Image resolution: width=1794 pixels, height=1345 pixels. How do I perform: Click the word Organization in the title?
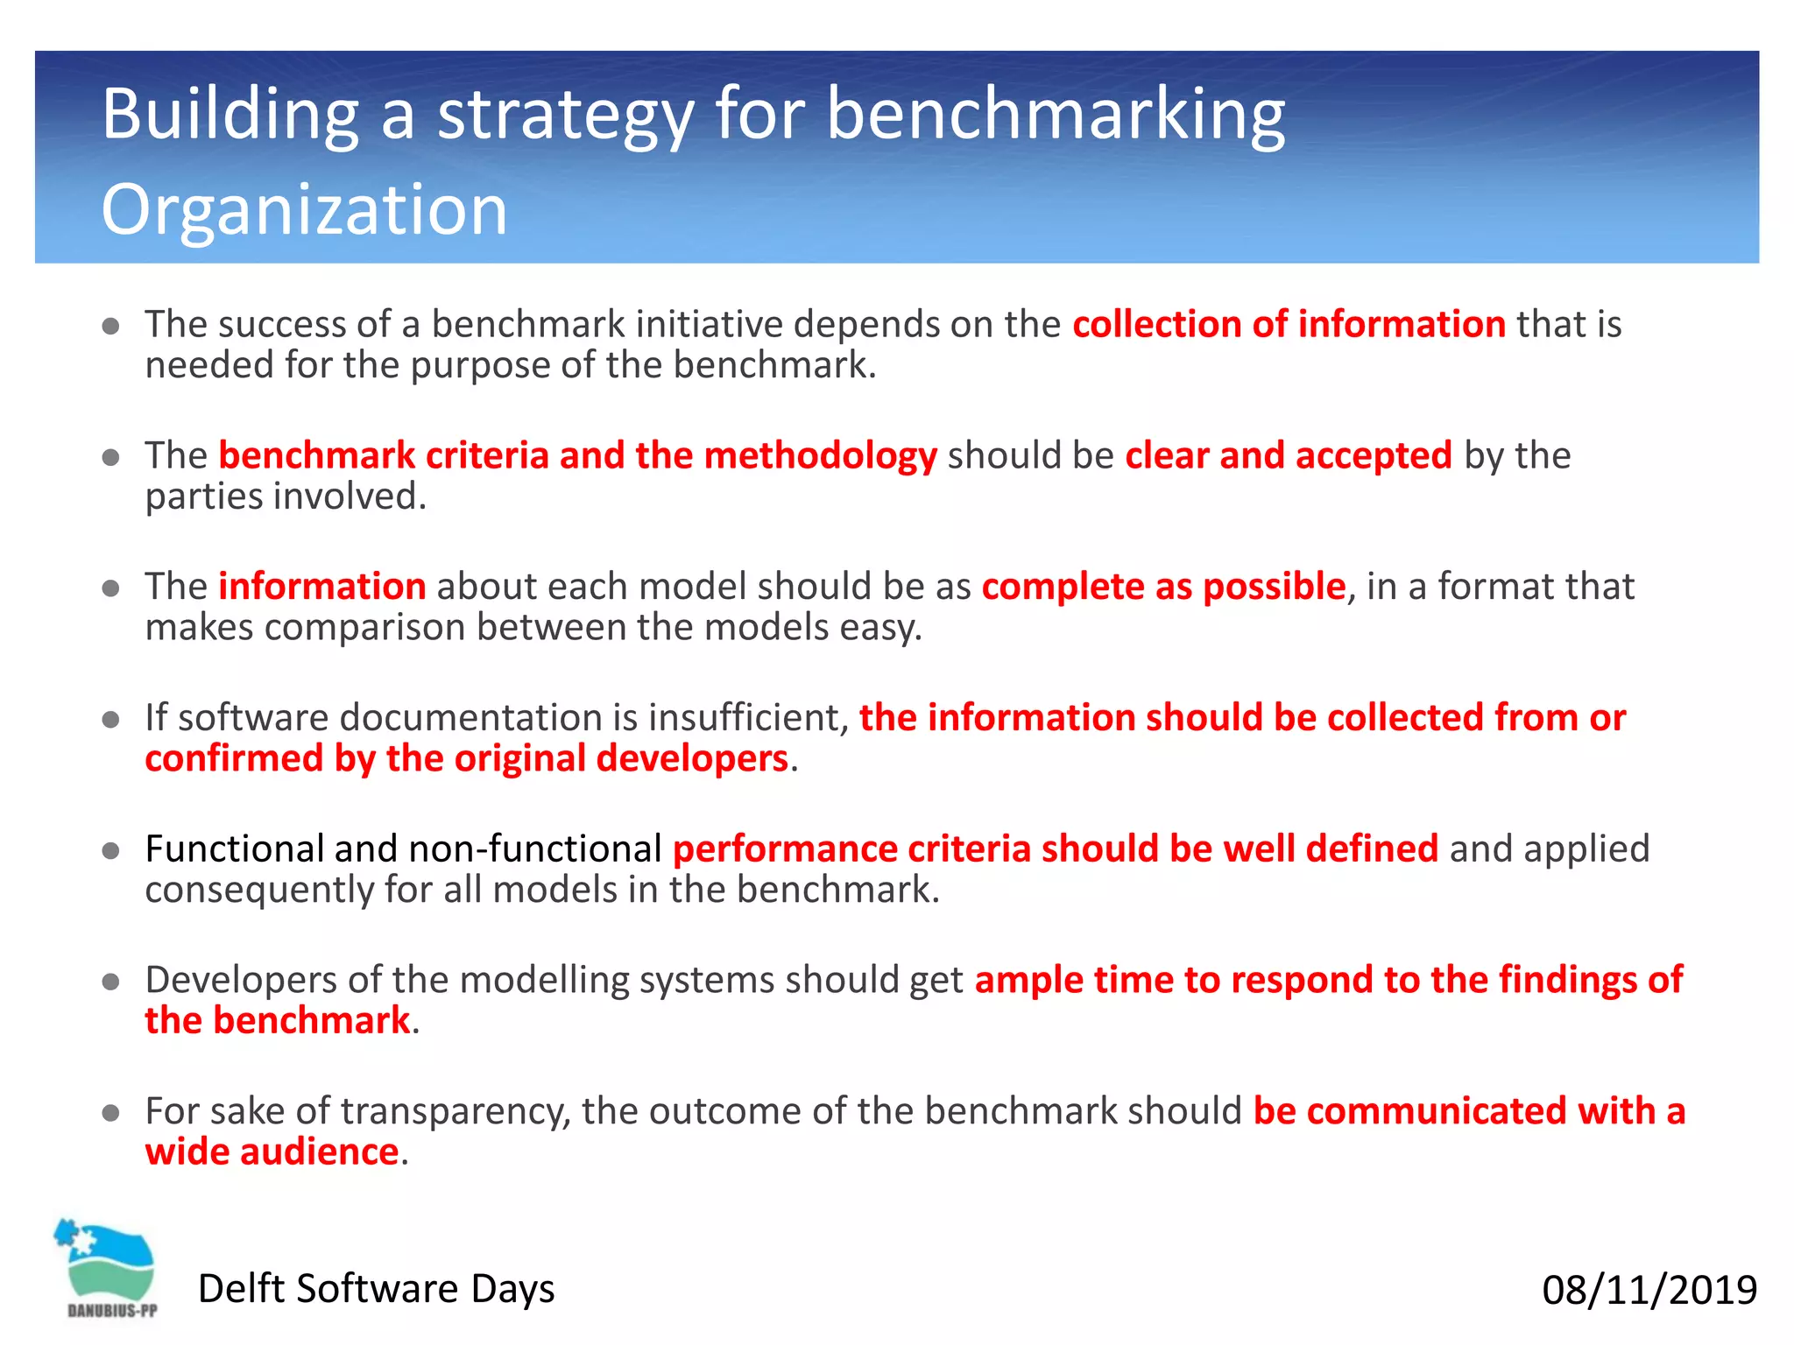(x=304, y=210)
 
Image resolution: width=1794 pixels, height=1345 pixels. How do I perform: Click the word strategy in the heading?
(x=564, y=115)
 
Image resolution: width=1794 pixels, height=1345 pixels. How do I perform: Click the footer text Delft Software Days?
(x=376, y=1289)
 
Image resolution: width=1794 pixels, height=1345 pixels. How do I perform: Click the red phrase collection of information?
(x=1289, y=325)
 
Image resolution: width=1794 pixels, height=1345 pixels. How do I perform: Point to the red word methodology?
(x=820, y=456)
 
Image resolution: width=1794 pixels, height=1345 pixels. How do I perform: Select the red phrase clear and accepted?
(x=1288, y=456)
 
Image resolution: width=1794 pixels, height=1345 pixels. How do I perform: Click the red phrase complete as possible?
(x=1162, y=587)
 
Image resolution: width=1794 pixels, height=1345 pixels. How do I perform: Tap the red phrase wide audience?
(x=272, y=1152)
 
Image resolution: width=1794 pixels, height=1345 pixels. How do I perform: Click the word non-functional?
(x=534, y=849)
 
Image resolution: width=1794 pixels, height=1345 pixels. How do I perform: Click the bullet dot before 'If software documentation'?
(x=110, y=720)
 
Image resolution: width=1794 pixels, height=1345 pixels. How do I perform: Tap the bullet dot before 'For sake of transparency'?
(x=110, y=1113)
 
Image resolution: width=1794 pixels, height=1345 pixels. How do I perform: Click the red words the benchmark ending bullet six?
(x=277, y=1021)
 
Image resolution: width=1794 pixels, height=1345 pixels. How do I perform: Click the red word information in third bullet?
(x=321, y=587)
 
